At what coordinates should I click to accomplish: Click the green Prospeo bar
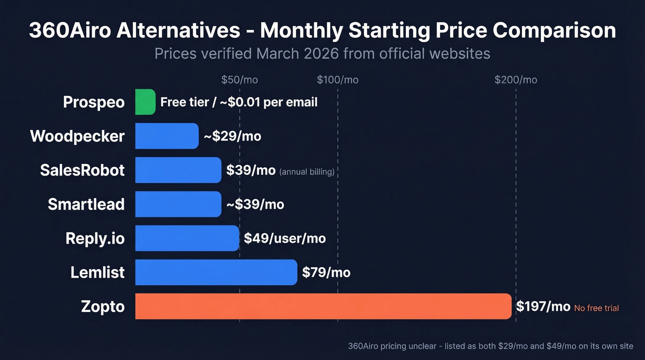(x=145, y=102)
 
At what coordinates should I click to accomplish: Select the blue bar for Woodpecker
(x=167, y=136)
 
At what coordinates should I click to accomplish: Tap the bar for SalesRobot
(x=178, y=170)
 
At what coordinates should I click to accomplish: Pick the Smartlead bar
(x=178, y=204)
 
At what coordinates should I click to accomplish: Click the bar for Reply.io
(x=187, y=238)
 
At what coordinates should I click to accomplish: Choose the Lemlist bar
(x=216, y=272)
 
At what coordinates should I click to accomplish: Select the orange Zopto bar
(x=323, y=307)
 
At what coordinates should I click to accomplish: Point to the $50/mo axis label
(x=240, y=80)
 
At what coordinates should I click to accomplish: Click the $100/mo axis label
(x=338, y=80)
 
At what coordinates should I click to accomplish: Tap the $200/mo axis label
(x=516, y=80)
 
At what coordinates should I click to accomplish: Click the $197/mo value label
(x=543, y=307)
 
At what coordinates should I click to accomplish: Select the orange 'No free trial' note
(x=596, y=308)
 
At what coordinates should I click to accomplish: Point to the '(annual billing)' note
(x=307, y=172)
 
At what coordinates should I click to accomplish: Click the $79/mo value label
(x=326, y=272)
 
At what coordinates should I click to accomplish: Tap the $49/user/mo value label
(x=285, y=238)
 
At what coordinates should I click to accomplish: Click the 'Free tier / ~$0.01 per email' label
(x=239, y=102)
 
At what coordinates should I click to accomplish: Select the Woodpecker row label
(x=77, y=136)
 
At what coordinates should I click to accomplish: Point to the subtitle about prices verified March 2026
(x=322, y=54)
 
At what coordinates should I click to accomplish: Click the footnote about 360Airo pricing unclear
(x=491, y=346)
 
